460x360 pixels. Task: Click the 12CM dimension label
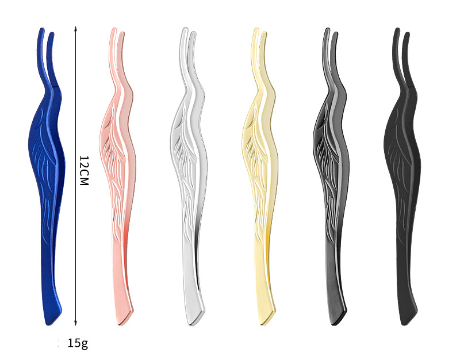pos(83,170)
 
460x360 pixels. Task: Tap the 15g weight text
pos(78,343)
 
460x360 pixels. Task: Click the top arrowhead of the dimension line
pos(75,28)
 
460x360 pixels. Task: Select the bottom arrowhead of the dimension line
pos(75,323)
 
